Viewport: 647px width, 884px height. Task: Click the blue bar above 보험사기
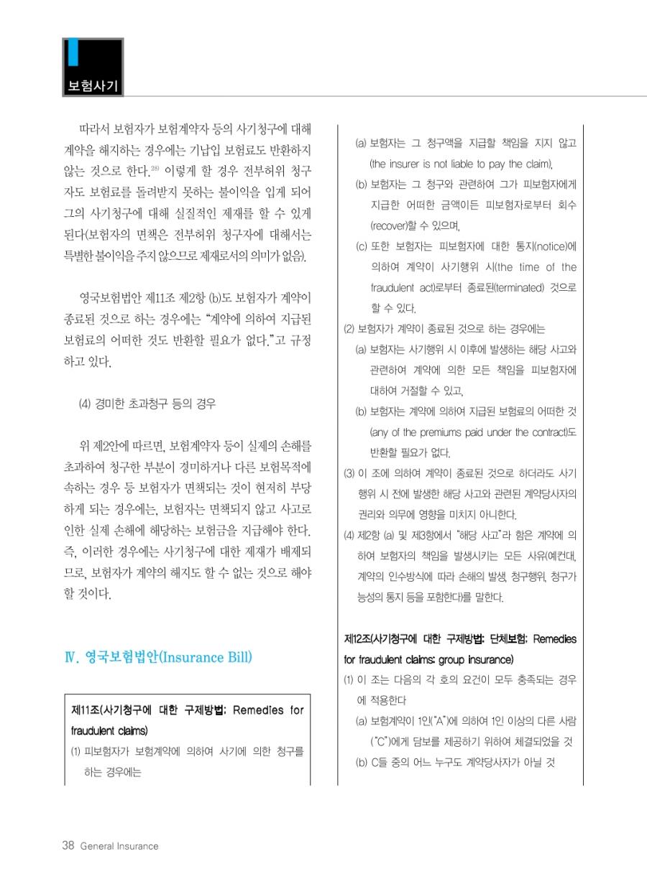coord(73,55)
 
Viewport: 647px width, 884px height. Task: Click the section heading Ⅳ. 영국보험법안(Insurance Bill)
coord(157,658)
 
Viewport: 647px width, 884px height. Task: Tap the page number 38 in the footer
coord(68,845)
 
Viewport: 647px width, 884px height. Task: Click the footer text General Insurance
coord(119,846)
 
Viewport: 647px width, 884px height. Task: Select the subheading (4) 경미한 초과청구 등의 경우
coord(147,403)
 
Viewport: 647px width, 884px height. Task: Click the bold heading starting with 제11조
coord(188,710)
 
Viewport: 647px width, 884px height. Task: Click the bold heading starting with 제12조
coord(460,638)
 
